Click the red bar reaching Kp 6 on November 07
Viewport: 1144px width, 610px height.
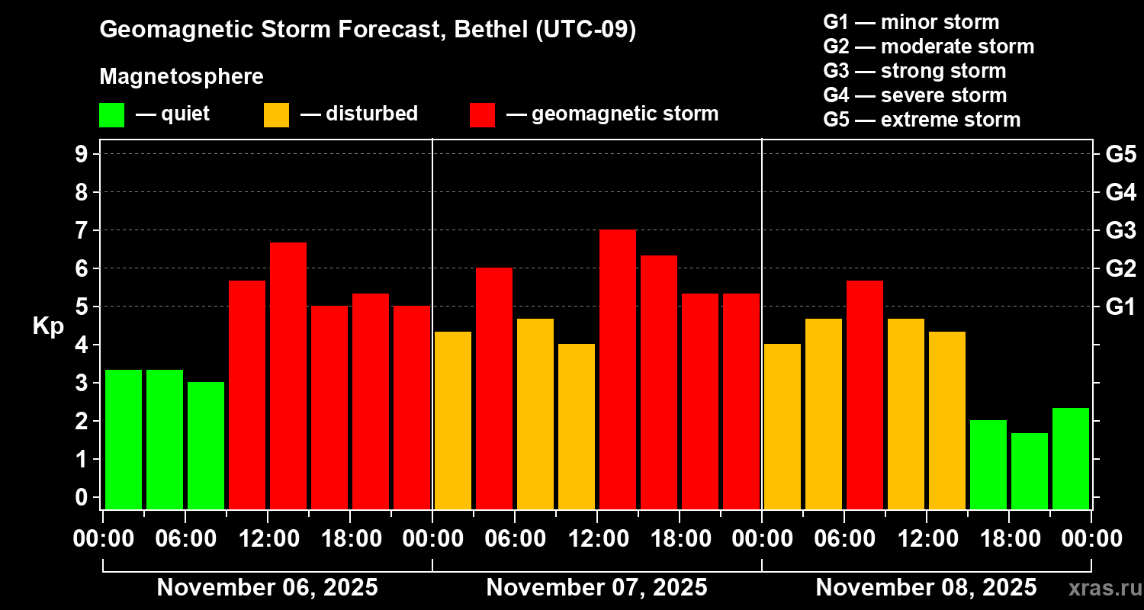pos(494,388)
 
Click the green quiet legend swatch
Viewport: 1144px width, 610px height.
pos(111,114)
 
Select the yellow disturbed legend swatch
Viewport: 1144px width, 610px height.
pos(276,114)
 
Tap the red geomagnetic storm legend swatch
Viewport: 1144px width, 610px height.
pos(482,114)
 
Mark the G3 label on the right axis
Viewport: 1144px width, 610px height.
pos(1120,230)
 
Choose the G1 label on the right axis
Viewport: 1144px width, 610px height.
pos(1120,307)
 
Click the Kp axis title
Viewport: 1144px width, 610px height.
pos(48,326)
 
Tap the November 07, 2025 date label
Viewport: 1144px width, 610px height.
pos(596,588)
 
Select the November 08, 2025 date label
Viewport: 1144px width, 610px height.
pos(926,588)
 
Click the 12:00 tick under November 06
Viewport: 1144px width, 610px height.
pos(268,538)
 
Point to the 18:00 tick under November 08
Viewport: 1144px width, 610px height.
pos(1009,538)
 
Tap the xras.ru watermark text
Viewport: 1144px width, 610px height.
pos(1099,588)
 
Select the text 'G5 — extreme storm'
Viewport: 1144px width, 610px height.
pos(921,120)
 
